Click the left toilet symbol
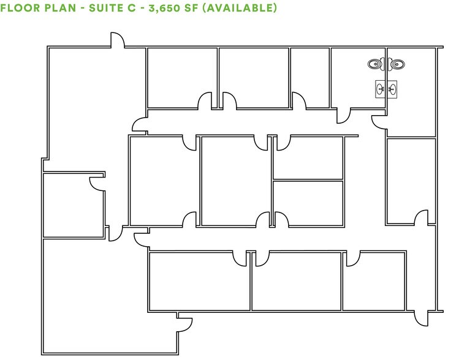click(374, 63)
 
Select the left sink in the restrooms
click(380, 89)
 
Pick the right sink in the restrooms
click(392, 89)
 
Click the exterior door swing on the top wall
click(117, 40)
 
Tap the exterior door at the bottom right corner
click(420, 317)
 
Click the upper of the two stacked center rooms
click(308, 158)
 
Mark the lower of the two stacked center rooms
click(308, 203)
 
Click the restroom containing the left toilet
click(359, 77)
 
